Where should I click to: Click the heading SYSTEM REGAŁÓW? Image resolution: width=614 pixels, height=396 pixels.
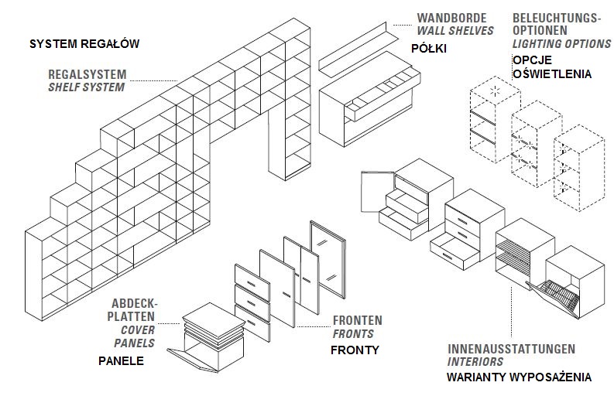[84, 43]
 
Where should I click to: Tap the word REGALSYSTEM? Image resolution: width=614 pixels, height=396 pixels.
[87, 74]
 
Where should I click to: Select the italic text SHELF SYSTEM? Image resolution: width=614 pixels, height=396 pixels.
[87, 87]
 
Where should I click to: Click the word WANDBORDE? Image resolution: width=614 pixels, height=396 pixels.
[452, 18]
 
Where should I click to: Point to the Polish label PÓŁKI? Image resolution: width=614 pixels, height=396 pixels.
[429, 48]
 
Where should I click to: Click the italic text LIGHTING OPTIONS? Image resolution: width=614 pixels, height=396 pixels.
[561, 43]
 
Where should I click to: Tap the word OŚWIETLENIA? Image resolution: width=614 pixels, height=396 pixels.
[552, 73]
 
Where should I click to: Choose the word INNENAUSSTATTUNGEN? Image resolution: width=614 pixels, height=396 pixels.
[511, 349]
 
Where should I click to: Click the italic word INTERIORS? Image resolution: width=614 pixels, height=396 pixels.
[475, 361]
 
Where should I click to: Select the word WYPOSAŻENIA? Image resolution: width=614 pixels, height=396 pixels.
[551, 377]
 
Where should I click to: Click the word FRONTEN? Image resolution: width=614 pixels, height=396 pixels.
[358, 320]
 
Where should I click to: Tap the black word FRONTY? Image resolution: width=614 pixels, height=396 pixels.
[355, 350]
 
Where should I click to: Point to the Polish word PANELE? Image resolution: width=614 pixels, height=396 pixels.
[121, 360]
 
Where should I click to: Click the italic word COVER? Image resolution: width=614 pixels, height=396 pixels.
[138, 329]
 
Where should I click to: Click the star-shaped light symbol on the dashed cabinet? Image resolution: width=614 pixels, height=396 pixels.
[496, 91]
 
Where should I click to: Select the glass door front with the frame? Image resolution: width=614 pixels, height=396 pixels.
[328, 259]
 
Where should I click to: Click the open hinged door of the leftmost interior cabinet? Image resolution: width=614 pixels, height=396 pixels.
[378, 192]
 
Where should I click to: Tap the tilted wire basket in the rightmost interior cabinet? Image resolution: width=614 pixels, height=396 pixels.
[553, 299]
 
